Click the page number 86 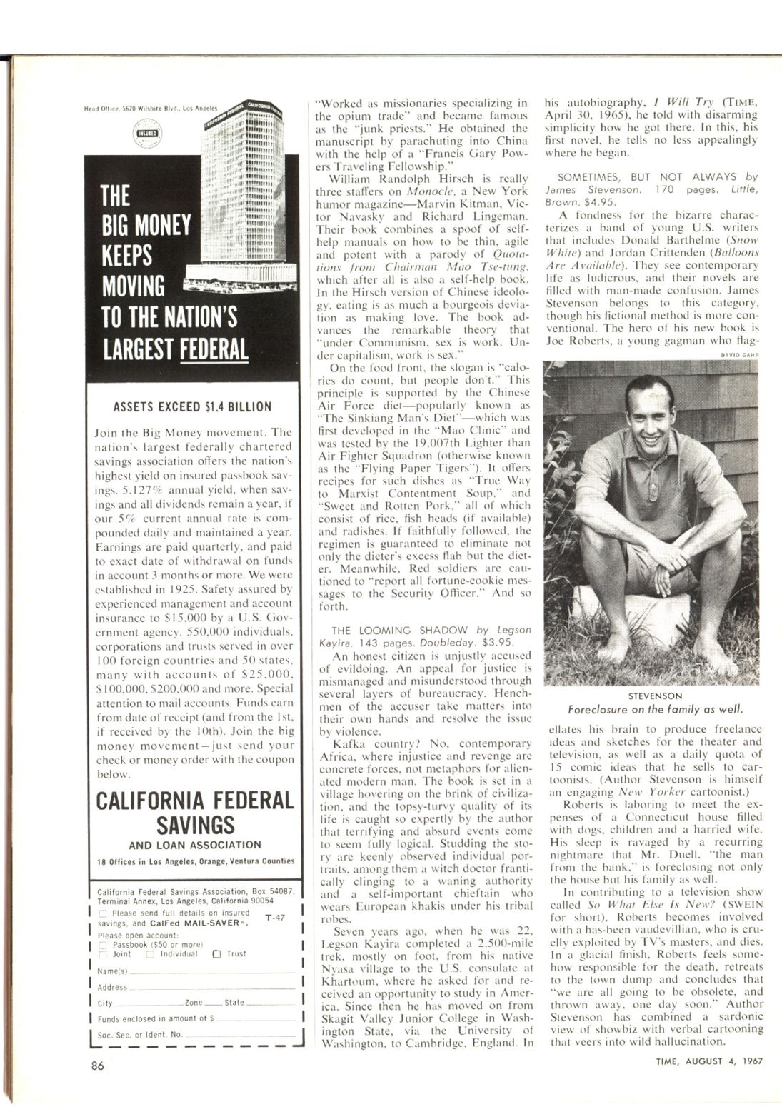click(x=99, y=1066)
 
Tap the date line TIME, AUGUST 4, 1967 click(x=709, y=1061)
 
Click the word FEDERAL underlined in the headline click(x=214, y=349)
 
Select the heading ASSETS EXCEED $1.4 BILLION click(x=193, y=407)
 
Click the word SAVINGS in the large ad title click(x=195, y=825)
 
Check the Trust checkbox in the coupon click(x=217, y=953)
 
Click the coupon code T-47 click(x=275, y=917)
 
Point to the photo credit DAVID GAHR click(x=743, y=354)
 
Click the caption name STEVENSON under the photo click(x=655, y=695)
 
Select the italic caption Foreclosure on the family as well click(x=655, y=709)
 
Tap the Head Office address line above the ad click(x=150, y=109)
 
